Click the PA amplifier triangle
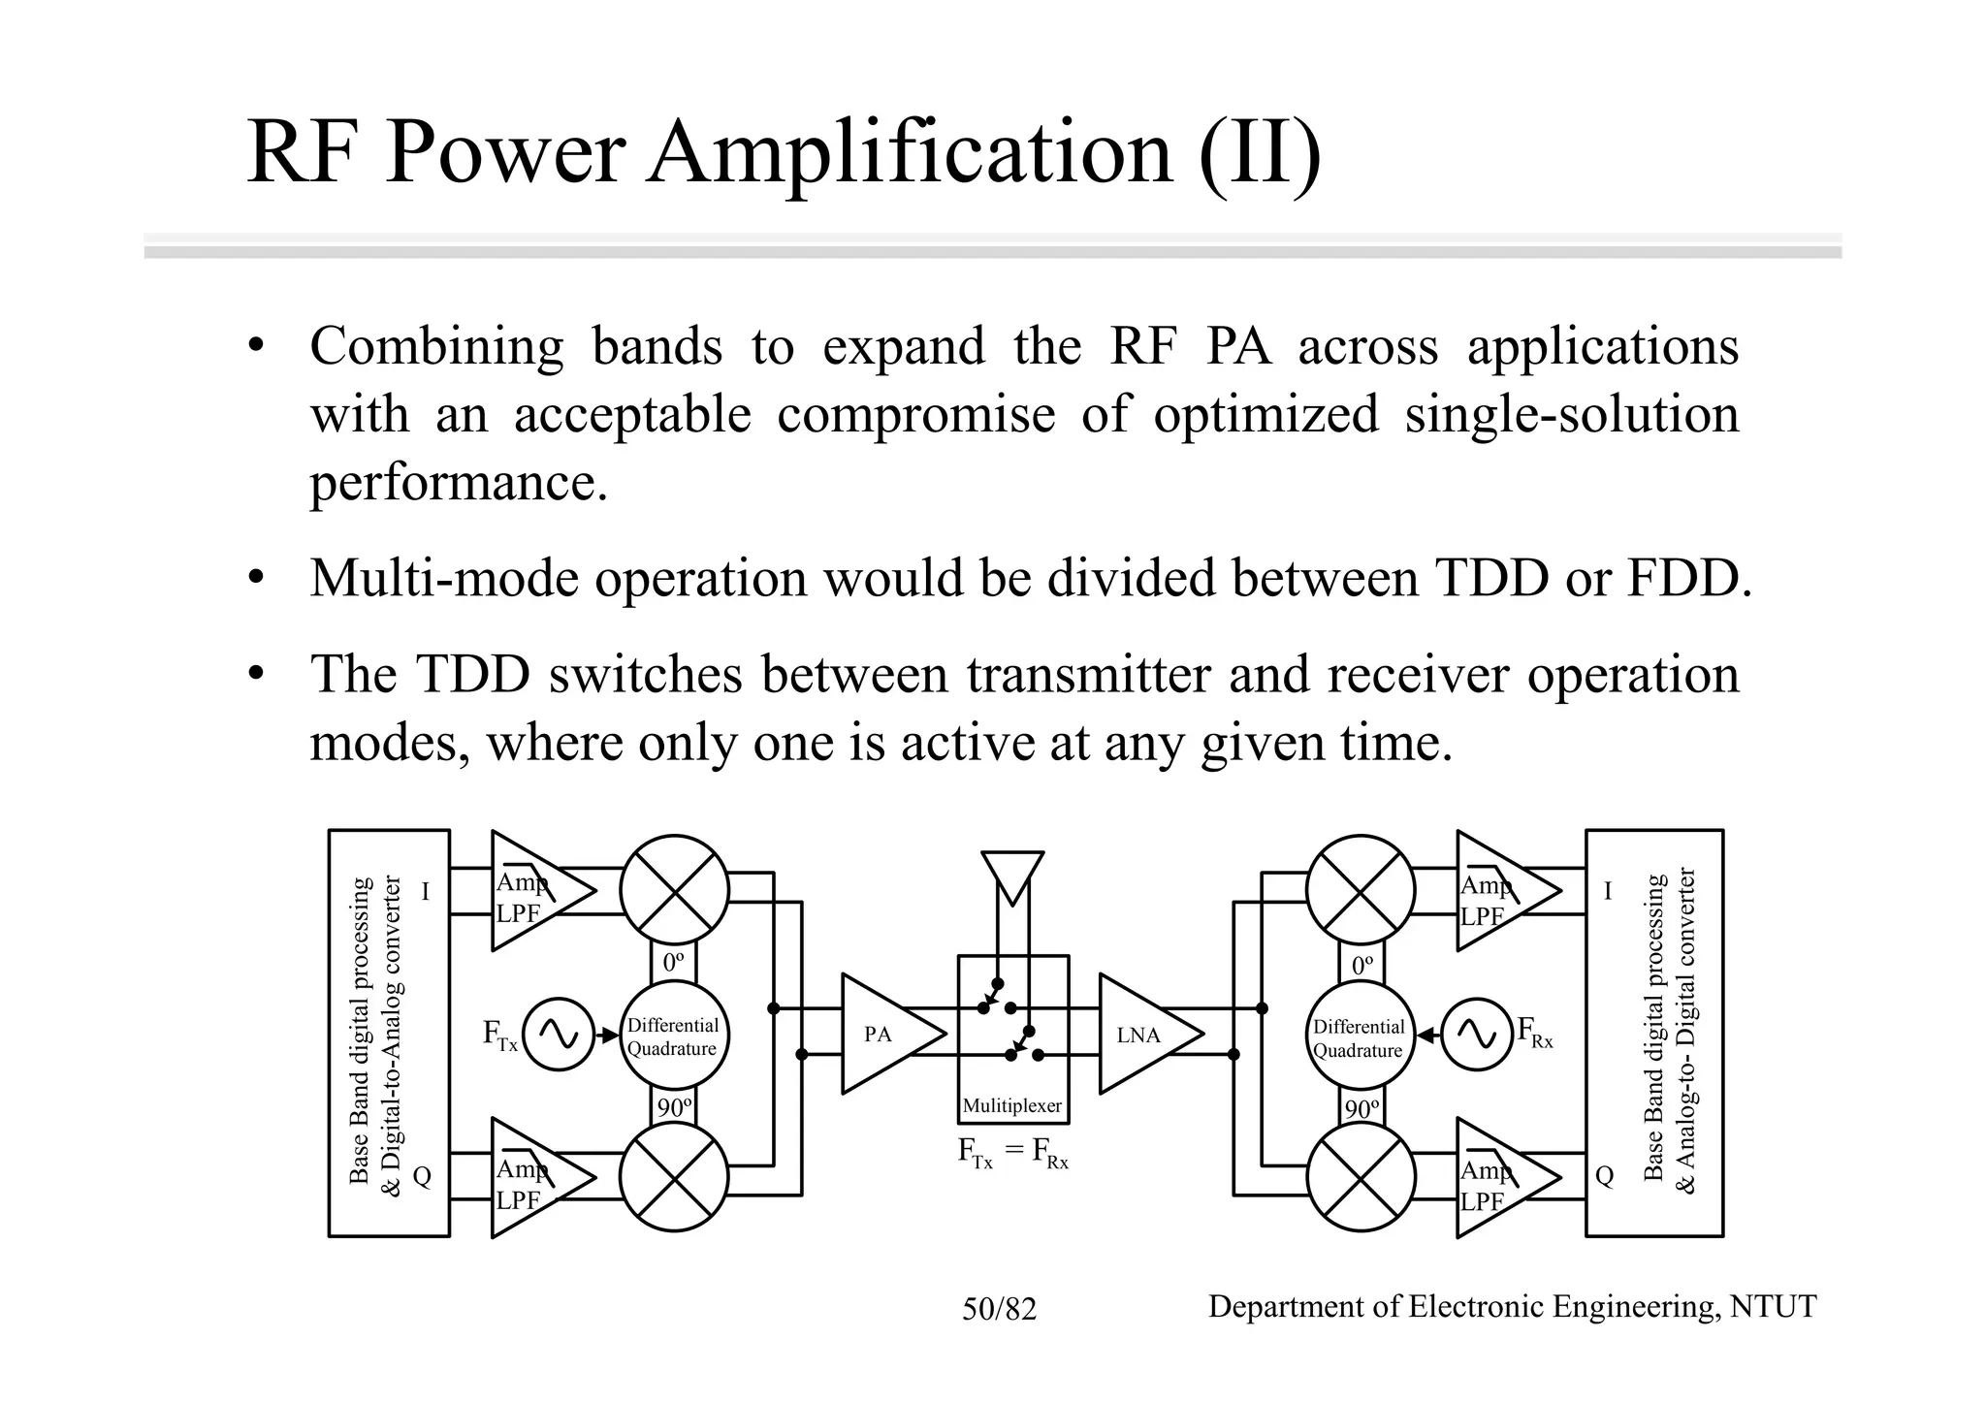[x=884, y=1034]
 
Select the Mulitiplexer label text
[x=1011, y=1106]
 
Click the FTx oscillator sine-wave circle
[x=559, y=1035]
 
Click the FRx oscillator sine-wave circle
[x=1477, y=1035]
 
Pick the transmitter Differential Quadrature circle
[x=673, y=1036]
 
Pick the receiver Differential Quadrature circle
[x=1360, y=1037]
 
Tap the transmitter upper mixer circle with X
[x=674, y=889]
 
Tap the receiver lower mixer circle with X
[x=1361, y=1177]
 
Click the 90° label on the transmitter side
[x=674, y=1107]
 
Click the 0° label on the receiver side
[x=1361, y=965]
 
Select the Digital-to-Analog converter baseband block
[x=389, y=1033]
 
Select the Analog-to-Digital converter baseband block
[x=1654, y=1033]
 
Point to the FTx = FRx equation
[x=1011, y=1154]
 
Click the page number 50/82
[x=999, y=1310]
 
